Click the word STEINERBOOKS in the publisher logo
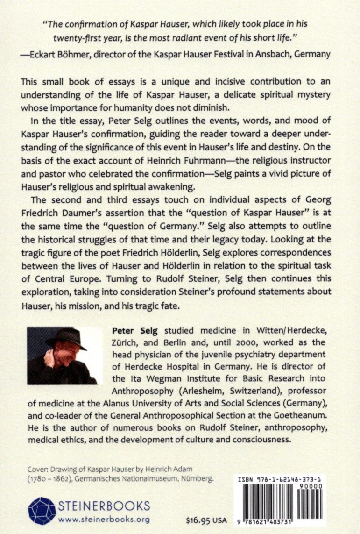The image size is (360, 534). pos(103,506)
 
